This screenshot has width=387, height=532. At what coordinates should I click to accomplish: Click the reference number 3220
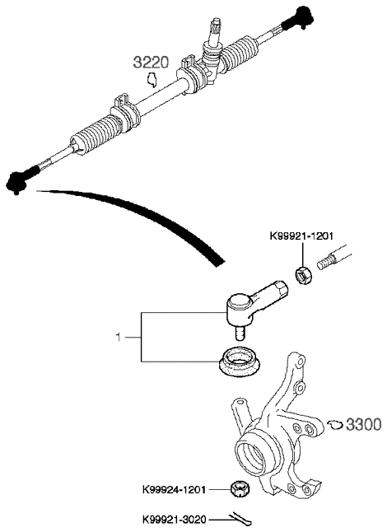151,63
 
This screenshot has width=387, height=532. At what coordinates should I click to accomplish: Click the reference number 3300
364,424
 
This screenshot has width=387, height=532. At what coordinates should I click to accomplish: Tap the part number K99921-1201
301,236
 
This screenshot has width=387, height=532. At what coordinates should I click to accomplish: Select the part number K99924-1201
175,490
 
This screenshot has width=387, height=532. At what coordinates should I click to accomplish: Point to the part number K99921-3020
175,519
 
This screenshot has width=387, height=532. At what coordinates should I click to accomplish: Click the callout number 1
118,338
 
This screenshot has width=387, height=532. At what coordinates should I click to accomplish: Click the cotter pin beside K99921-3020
240,519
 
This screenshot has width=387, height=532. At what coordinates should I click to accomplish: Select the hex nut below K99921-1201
304,276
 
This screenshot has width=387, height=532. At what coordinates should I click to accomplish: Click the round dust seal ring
240,362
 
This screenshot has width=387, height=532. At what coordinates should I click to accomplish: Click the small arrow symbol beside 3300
335,424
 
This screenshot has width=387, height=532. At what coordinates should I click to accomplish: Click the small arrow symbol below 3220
152,80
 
